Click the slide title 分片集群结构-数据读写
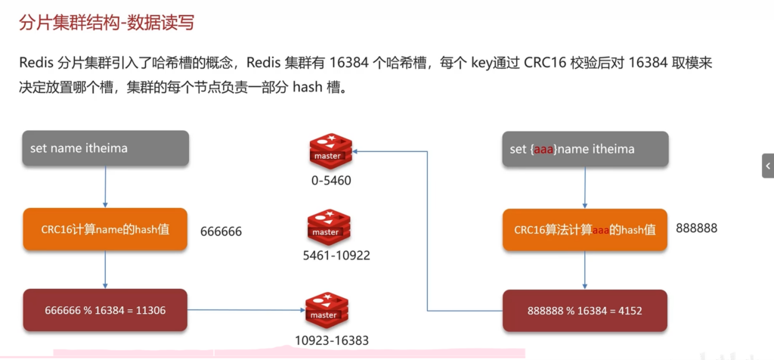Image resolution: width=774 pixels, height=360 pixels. (x=106, y=23)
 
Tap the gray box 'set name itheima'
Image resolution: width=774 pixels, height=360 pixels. (x=104, y=148)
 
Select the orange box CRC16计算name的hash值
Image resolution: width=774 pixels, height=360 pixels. (x=104, y=230)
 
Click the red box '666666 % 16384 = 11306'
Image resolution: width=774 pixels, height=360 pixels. (x=104, y=310)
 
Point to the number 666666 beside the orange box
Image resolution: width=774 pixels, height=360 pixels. (x=221, y=231)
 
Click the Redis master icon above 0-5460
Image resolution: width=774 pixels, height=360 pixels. (x=330, y=150)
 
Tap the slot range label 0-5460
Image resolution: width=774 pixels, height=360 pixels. (x=330, y=181)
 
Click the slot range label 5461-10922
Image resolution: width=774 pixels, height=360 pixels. (x=336, y=256)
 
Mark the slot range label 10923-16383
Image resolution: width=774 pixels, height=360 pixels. (x=333, y=340)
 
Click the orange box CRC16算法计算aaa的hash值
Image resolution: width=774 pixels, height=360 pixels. (x=584, y=230)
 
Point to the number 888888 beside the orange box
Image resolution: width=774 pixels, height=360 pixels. (x=696, y=228)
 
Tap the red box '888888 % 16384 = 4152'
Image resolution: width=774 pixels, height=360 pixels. (x=584, y=310)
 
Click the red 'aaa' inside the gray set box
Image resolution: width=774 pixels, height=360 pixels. (x=543, y=150)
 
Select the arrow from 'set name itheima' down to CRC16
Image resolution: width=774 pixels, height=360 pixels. (x=104, y=187)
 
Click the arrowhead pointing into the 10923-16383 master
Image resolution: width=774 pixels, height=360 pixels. (x=300, y=310)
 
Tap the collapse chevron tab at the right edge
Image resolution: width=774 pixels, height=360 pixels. (x=768, y=166)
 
